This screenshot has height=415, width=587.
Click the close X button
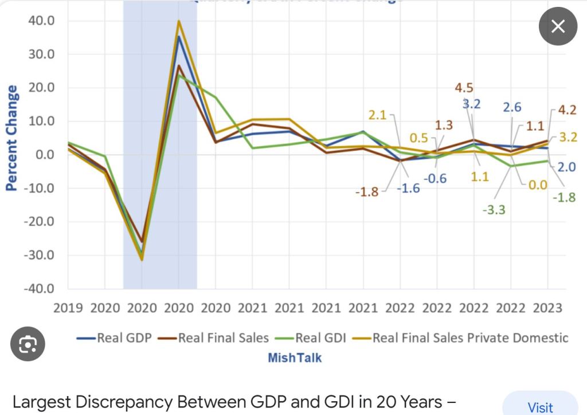(558, 26)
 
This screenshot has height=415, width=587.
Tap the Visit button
(540, 406)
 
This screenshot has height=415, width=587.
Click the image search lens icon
(28, 343)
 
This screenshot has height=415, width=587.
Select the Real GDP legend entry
(115, 338)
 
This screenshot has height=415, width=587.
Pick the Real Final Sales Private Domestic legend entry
(462, 338)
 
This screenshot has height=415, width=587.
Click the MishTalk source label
(295, 358)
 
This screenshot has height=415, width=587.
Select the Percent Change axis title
(11, 138)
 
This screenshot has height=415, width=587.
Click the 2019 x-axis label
(68, 308)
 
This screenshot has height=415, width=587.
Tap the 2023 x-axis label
(547, 308)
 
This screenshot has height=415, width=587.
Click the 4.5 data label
(464, 88)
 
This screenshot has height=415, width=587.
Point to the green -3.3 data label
(494, 210)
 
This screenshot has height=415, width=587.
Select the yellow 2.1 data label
(377, 115)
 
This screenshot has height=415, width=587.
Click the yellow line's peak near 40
(179, 21)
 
